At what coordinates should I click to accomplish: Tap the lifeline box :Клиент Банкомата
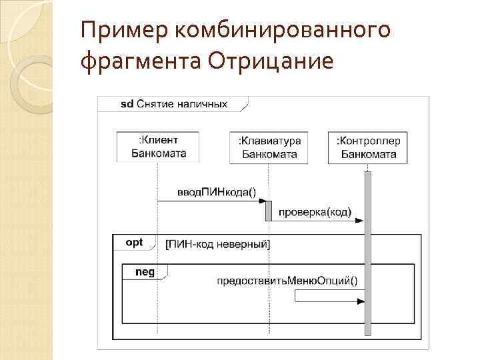(158, 147)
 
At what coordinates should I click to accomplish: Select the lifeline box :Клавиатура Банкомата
(269, 147)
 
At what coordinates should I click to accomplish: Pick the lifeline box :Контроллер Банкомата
(368, 147)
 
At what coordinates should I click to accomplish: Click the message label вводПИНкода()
(215, 192)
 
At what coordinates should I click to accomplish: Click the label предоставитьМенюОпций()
(287, 280)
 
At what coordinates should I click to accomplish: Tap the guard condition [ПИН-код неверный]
(217, 244)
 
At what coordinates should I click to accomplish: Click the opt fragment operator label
(134, 243)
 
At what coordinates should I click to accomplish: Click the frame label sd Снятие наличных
(173, 104)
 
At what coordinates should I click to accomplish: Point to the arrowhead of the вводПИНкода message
(262, 201)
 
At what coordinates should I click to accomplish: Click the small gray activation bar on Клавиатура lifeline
(269, 211)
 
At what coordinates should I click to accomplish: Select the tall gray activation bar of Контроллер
(367, 253)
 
